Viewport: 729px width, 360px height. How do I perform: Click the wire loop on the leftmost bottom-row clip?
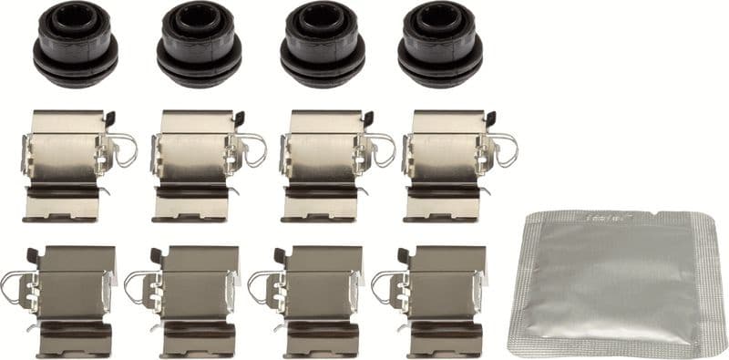(14, 287)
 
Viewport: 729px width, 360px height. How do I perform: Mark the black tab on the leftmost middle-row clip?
(110, 118)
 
